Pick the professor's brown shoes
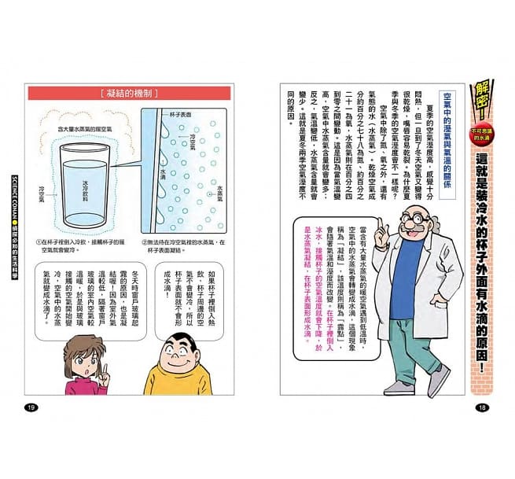tap(406, 385)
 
